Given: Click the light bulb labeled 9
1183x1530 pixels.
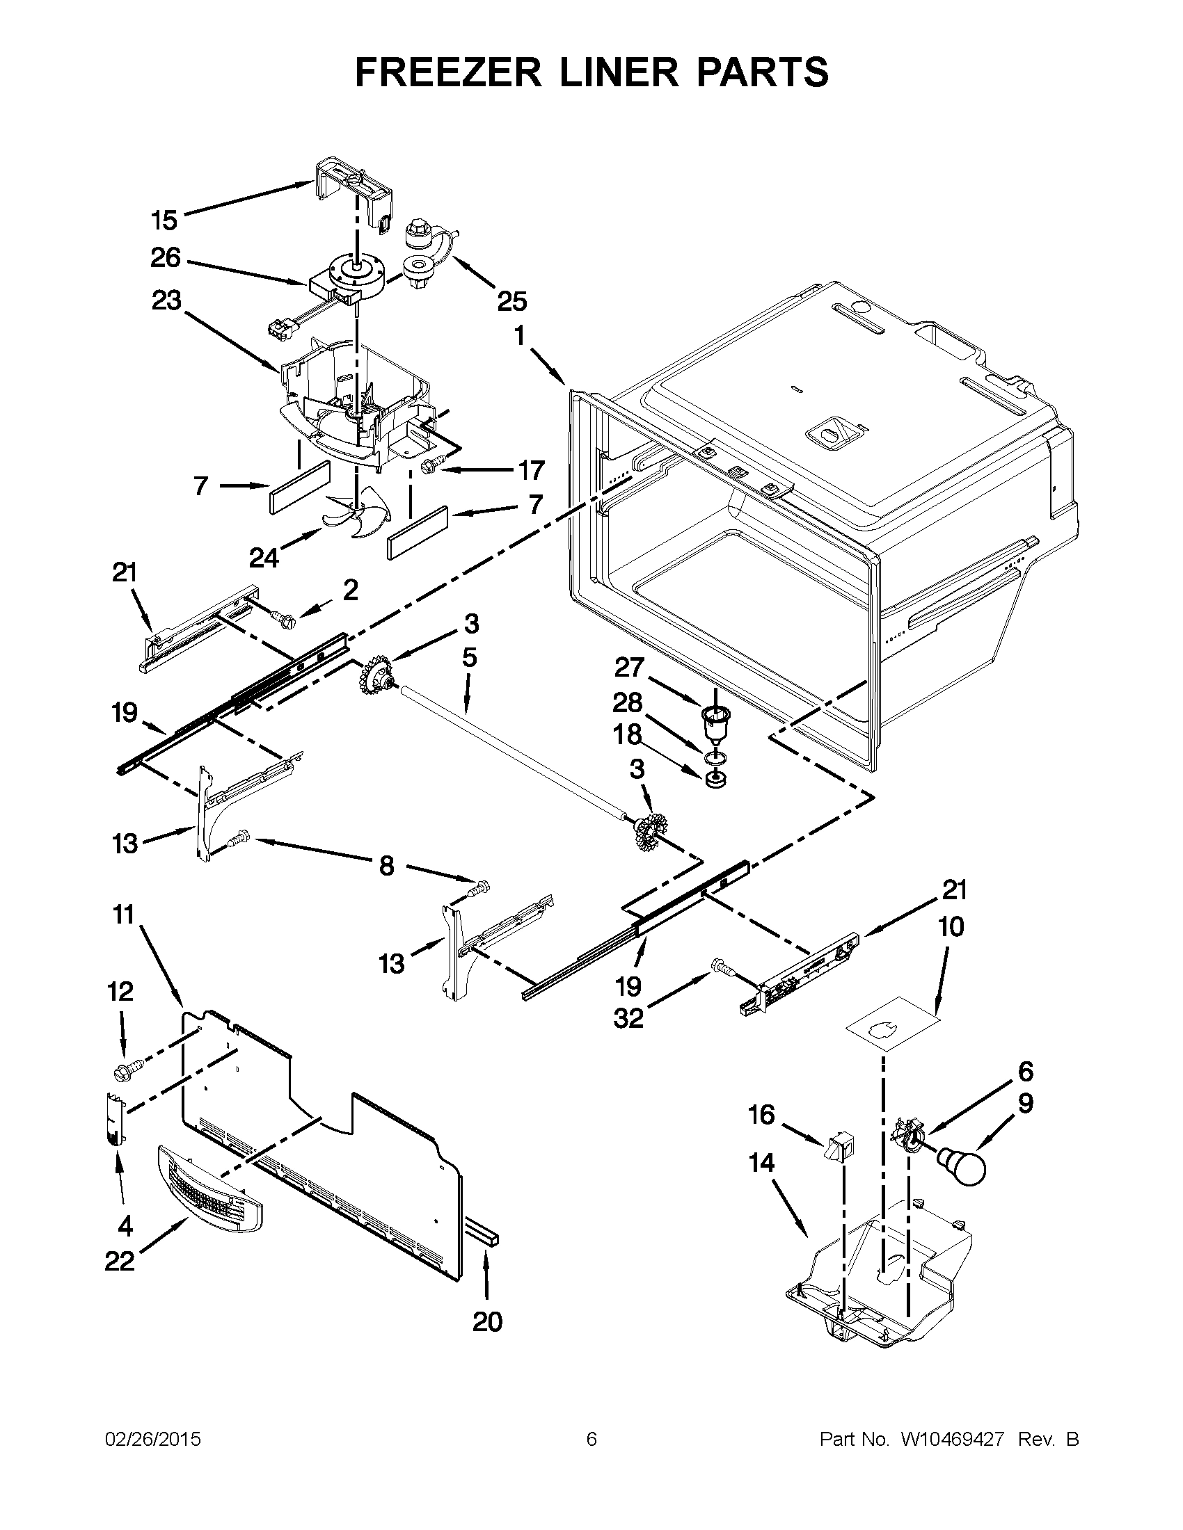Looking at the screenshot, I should [x=962, y=1166].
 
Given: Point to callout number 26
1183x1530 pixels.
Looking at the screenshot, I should [x=166, y=258].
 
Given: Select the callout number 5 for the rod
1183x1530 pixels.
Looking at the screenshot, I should [x=469, y=657].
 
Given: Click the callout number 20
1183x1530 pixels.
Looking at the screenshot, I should [x=487, y=1322].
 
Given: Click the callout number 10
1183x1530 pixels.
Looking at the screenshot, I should [x=951, y=927].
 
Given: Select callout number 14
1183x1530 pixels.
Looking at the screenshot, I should [x=761, y=1162].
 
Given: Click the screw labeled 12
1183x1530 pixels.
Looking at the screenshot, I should [x=127, y=1069].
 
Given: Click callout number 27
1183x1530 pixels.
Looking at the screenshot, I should [x=628, y=667].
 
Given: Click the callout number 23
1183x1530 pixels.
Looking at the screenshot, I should [x=166, y=300].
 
